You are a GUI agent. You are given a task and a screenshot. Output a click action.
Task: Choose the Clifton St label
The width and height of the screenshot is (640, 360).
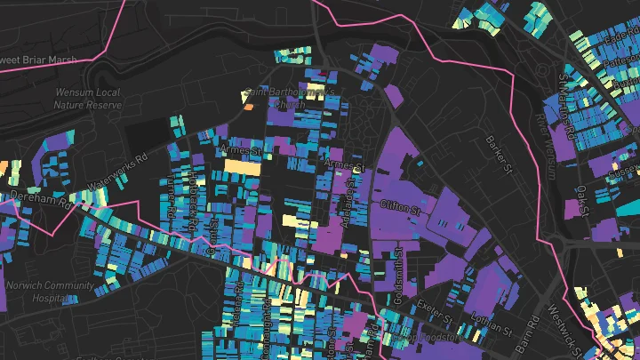(400, 210)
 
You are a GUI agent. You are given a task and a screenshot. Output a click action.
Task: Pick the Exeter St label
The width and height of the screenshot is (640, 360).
(442, 308)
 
